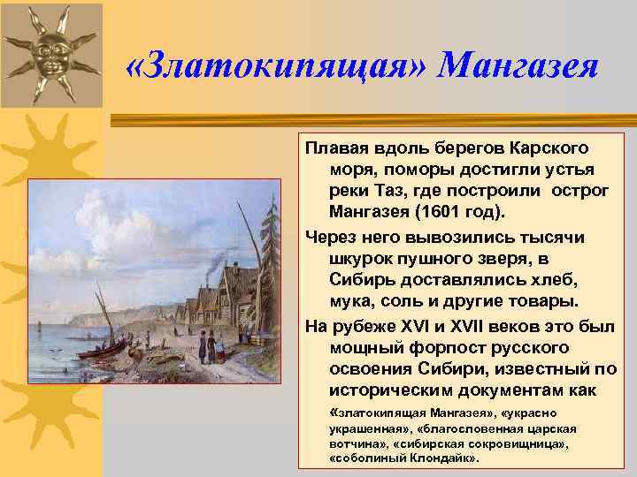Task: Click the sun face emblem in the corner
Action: (52, 51)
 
